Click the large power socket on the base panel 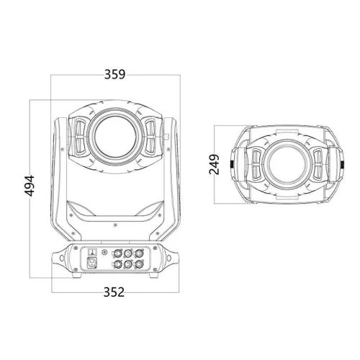coord(93,266)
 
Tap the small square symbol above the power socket coord(93,251)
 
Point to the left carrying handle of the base coord(59,258)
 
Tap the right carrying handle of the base coord(170,258)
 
